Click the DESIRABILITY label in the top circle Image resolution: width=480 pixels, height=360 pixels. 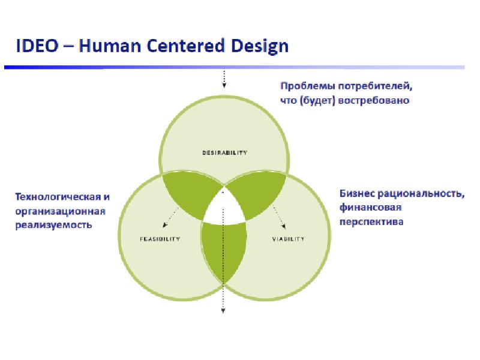click(223, 152)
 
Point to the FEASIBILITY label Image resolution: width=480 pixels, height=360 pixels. click(160, 239)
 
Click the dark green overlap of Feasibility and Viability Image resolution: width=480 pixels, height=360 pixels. click(223, 249)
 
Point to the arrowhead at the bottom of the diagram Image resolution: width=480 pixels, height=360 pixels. click(223, 310)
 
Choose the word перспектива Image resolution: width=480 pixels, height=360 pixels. click(371, 221)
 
